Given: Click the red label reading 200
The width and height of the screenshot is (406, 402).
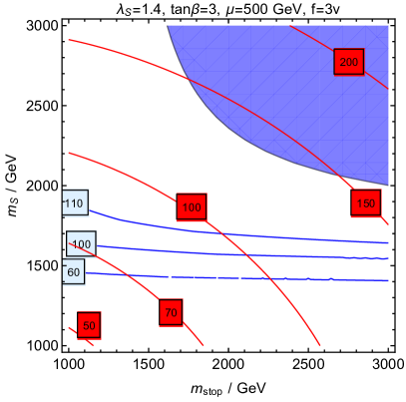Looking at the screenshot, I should pyautogui.click(x=349, y=62).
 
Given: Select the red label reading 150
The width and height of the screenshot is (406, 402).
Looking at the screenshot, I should pyautogui.click(x=366, y=203).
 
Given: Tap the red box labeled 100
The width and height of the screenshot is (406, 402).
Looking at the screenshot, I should pyautogui.click(x=192, y=207).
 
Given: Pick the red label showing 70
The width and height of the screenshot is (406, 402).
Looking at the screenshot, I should pyautogui.click(x=171, y=312).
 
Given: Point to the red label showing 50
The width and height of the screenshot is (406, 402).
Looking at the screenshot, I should pyautogui.click(x=88, y=325).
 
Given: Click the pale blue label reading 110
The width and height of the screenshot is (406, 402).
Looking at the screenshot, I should pyautogui.click(x=75, y=203).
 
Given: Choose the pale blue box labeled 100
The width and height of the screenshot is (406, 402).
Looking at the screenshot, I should pyautogui.click(x=81, y=244).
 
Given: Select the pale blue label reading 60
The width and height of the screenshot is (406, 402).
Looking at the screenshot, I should pyautogui.click(x=73, y=271).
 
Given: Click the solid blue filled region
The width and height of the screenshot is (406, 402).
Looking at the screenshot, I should pyautogui.click(x=299, y=90).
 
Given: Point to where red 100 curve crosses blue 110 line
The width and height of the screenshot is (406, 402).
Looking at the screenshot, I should pyautogui.click(x=213, y=226).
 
